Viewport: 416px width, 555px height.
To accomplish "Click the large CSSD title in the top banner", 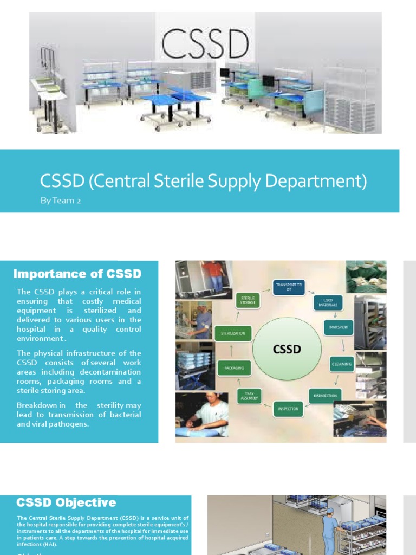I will coord(206,44).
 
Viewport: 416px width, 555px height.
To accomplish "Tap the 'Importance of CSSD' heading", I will coord(77,274).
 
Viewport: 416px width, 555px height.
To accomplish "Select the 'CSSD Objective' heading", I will coord(66,502).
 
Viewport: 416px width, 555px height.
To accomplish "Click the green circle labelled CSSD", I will coord(287,350).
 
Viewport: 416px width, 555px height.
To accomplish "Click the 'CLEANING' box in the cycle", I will coord(342,364).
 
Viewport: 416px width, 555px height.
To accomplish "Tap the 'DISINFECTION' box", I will coord(326,396).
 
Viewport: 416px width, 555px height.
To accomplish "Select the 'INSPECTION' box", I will coord(289,409).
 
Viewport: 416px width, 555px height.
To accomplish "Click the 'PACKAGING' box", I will coord(234,368).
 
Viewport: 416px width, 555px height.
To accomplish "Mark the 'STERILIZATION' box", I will coord(233,333).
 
